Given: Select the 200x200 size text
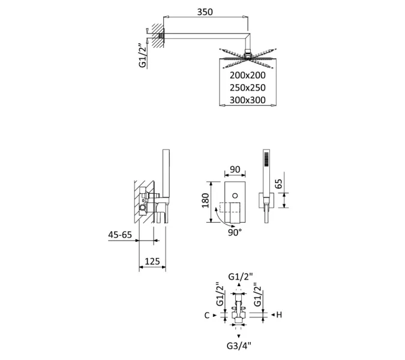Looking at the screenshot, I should (x=247, y=76).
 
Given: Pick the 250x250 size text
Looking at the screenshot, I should (x=247, y=88).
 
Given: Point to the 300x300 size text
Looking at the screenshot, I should (x=247, y=100).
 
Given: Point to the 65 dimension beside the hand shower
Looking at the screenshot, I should (x=278, y=183).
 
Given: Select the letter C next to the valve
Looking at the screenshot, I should (x=207, y=315).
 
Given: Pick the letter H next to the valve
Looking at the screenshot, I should (x=280, y=315).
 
